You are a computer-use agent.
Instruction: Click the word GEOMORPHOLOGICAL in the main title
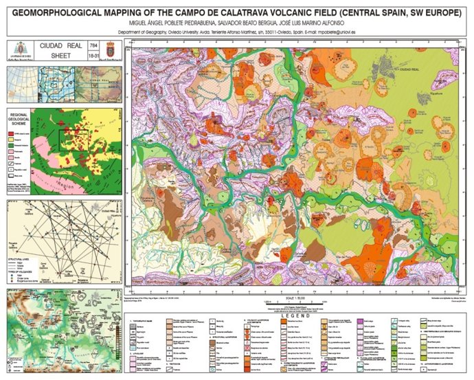pos(63,9)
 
